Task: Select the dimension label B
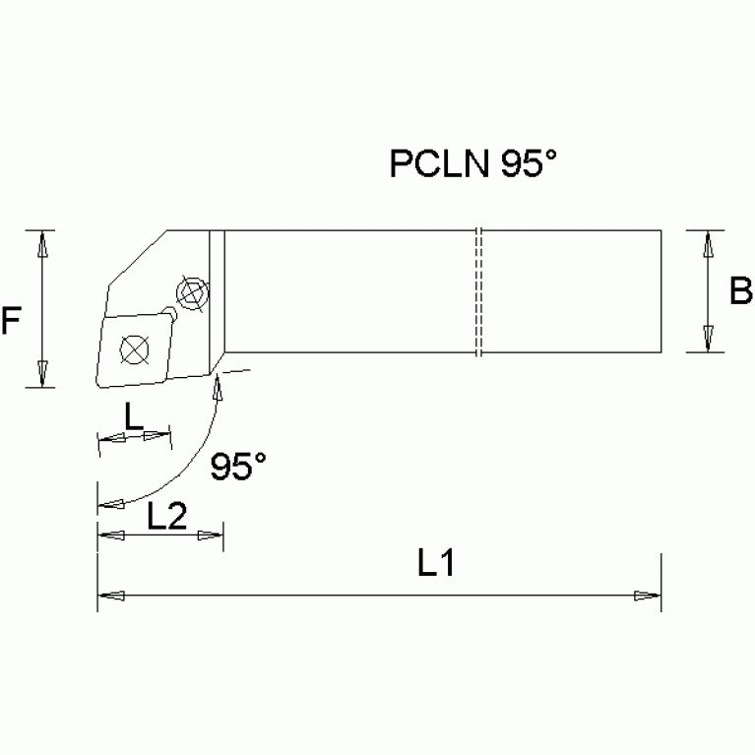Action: pos(740,291)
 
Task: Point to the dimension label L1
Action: pos(434,565)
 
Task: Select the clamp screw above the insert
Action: pos(189,292)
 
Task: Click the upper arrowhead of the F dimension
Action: pos(41,244)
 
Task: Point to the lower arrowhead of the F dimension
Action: pos(41,374)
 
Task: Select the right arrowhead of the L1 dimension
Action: pos(647,595)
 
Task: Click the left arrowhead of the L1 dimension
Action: pos(111,595)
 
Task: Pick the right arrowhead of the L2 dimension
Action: pos(211,535)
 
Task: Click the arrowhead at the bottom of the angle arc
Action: pos(111,506)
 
